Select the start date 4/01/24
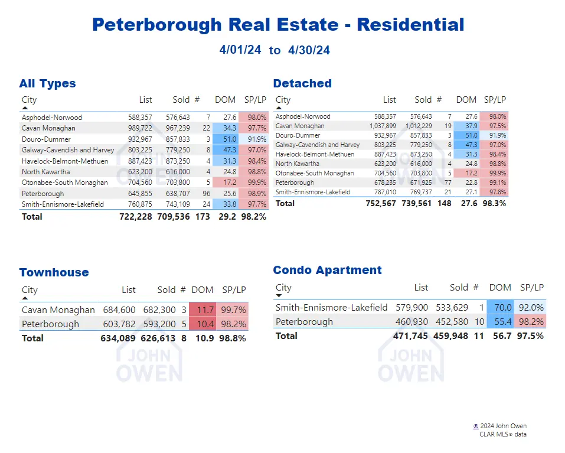240,50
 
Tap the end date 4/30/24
309,50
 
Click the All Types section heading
47,83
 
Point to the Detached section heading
302,83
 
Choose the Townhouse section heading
54,272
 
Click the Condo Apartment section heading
327,270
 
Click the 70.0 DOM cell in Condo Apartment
500,307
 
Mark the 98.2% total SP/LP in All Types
253,217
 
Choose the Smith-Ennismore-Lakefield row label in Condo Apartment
331,307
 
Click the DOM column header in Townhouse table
203,289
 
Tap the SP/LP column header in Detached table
495,100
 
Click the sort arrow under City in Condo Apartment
279,295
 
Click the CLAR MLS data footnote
502,434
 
